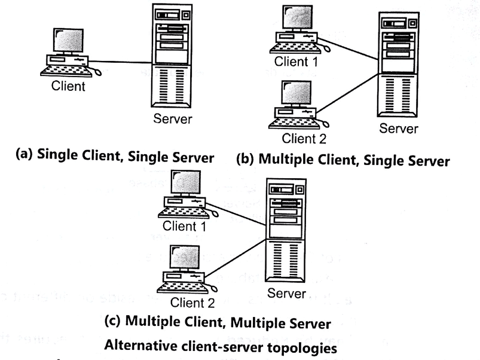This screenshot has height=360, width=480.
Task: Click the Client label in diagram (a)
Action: [69, 86]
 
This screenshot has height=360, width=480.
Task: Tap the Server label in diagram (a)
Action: [173, 118]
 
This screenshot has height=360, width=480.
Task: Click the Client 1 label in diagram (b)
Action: [296, 62]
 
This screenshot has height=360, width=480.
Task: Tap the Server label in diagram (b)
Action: [399, 128]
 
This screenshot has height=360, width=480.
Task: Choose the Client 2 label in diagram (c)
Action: [192, 302]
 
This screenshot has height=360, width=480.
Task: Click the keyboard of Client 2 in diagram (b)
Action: [293, 124]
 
